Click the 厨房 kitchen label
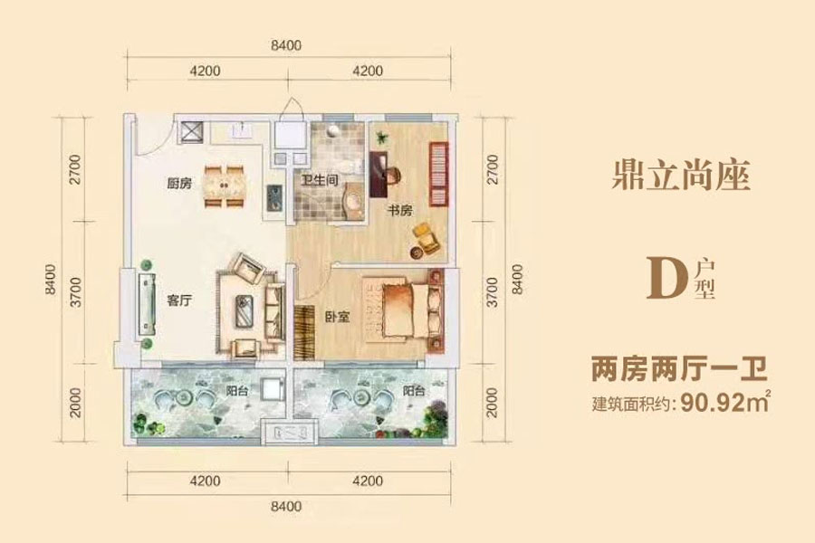(180, 183)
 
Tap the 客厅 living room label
(180, 300)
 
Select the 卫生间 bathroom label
(321, 180)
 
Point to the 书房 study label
(400, 211)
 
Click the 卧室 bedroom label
(338, 317)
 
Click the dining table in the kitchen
(225, 186)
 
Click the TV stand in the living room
(147, 304)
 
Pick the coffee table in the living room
(244, 310)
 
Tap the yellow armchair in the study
(427, 238)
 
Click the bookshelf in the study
(438, 174)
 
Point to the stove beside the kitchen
(273, 198)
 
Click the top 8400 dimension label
(286, 45)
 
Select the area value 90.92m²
(724, 402)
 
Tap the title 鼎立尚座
(681, 175)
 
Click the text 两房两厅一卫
(679, 370)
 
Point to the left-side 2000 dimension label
(76, 402)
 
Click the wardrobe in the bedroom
(304, 332)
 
